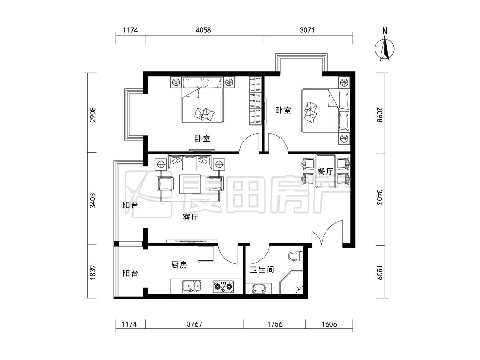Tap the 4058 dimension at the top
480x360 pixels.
point(203,30)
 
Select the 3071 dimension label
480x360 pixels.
point(307,30)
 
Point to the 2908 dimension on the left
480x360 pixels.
point(93,115)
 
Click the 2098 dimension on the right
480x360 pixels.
point(379,115)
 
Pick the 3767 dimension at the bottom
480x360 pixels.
point(195,324)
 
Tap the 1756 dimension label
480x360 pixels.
point(275,324)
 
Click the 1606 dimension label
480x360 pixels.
point(329,324)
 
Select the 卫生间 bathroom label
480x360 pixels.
point(262,270)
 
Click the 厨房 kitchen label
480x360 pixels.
point(179,265)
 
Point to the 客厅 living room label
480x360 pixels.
point(190,217)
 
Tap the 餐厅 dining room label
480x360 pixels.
point(325,172)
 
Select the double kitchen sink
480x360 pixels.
point(192,287)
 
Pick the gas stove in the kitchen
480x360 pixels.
point(224,287)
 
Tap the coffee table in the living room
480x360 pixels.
point(190,184)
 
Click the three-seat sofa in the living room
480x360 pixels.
point(190,162)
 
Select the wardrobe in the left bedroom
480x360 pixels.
point(255,100)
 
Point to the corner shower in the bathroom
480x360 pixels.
point(291,282)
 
